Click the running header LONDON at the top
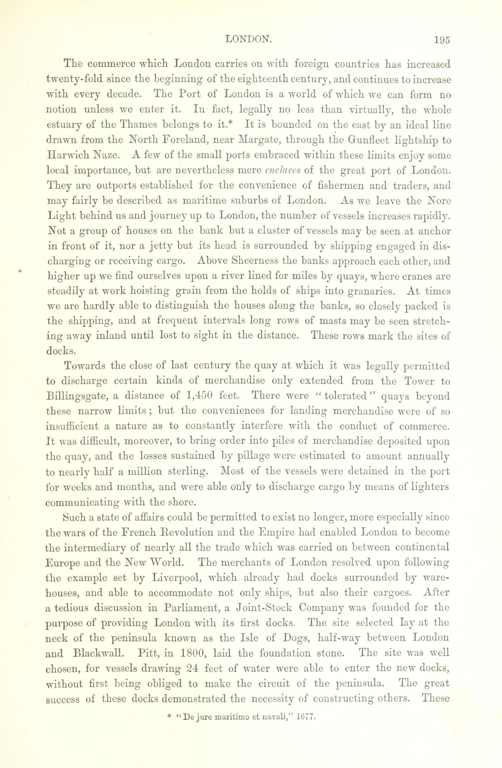click(x=248, y=40)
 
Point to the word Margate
click(x=259, y=141)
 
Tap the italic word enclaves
click(x=282, y=171)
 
